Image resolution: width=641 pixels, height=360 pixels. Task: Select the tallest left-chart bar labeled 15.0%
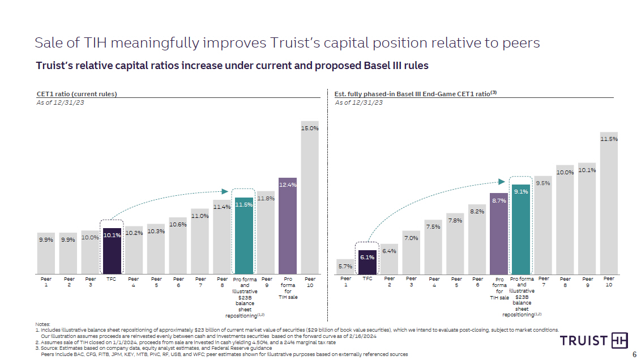click(310, 198)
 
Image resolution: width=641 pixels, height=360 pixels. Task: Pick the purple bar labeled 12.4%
click(288, 226)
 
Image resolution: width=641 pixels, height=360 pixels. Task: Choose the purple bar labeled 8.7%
click(499, 235)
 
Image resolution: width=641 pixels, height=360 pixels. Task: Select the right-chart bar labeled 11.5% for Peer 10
click(609, 204)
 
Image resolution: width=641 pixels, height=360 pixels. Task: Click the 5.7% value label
click(345, 266)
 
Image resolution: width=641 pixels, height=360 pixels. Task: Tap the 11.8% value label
click(266, 199)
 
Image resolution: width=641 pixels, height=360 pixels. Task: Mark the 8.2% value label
click(477, 212)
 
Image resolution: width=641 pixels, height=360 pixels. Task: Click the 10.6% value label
click(178, 225)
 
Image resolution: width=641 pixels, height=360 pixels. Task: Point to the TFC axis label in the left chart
click(112, 279)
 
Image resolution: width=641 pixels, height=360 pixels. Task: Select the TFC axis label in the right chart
click(367, 279)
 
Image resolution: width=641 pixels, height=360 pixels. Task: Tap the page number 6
click(634, 349)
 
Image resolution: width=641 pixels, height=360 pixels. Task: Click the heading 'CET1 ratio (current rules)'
click(76, 94)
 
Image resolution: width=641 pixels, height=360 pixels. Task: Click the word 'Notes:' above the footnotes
click(42, 324)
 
